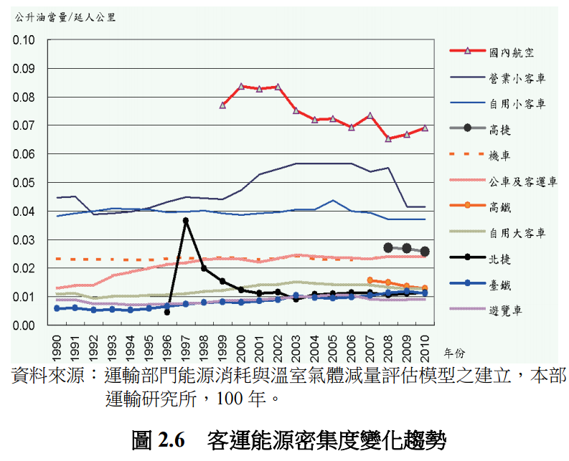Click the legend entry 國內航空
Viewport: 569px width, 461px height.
tap(511, 52)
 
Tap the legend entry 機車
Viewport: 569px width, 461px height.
tap(499, 156)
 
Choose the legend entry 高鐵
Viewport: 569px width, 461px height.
tap(499, 207)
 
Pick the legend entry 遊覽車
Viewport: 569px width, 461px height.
tap(505, 311)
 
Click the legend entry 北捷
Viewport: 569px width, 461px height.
tap(499, 259)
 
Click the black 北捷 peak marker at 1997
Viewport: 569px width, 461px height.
tap(186, 221)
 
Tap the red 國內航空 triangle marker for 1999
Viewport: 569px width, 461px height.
tap(223, 105)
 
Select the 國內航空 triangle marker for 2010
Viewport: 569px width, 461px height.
tap(425, 128)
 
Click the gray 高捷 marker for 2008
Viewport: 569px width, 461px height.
tap(388, 247)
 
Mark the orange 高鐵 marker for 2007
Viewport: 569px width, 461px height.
tap(370, 280)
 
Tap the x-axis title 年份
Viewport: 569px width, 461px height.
tap(454, 353)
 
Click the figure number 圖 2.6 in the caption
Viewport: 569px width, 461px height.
tap(159, 439)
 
